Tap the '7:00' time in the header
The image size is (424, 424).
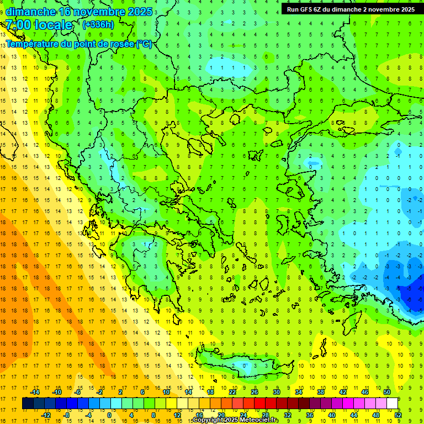[x=18, y=25]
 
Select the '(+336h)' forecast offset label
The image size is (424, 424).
[x=98, y=24]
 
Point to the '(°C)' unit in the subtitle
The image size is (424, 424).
[x=144, y=44]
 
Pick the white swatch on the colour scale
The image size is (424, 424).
[x=392, y=404]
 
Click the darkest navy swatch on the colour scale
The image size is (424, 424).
[x=28, y=404]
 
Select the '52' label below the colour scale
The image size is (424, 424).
[x=398, y=415]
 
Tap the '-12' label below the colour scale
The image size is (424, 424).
[x=45, y=415]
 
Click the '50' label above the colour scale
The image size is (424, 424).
[x=387, y=392]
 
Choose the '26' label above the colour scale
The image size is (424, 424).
[x=255, y=392]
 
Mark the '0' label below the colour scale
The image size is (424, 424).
[x=109, y=415]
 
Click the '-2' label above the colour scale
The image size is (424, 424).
[x=99, y=392]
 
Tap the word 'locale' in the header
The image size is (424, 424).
[x=54, y=25]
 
